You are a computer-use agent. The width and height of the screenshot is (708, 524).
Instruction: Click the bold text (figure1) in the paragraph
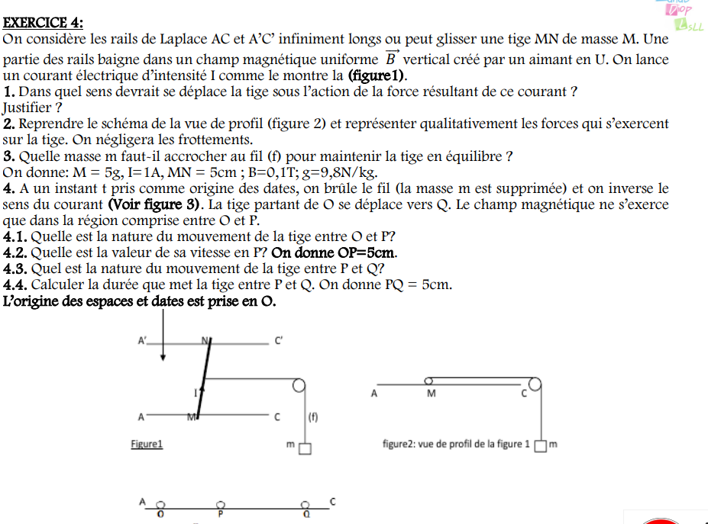point(377,76)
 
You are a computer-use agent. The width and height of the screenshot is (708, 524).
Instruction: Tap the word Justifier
point(27,108)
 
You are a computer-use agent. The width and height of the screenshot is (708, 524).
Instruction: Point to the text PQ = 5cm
point(419,285)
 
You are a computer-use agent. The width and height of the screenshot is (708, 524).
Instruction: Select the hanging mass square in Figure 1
point(305,448)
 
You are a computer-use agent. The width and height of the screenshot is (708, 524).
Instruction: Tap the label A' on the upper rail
point(142,342)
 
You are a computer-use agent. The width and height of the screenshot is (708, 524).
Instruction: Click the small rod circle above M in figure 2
point(429,380)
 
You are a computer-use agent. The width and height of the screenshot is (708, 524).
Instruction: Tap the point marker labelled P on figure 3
point(221,505)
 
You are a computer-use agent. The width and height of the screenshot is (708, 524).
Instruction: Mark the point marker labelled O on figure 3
point(160,505)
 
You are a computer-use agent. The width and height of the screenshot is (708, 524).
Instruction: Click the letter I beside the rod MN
point(195,391)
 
